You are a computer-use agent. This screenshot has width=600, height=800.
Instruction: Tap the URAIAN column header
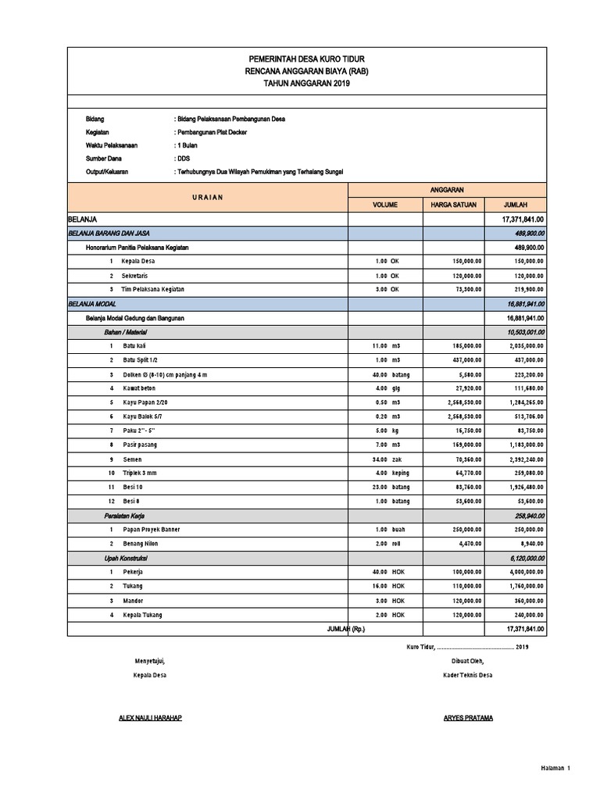pyautogui.click(x=207, y=197)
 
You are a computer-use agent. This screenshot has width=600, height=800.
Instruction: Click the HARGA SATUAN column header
pyautogui.click(x=454, y=205)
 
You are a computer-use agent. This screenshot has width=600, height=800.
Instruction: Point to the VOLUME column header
pyautogui.click(x=385, y=205)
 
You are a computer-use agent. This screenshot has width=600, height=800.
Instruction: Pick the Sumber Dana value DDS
pyautogui.click(x=183, y=158)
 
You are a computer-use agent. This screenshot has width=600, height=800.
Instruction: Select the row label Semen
pyautogui.click(x=133, y=459)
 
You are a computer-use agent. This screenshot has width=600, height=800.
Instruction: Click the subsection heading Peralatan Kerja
pyautogui.click(x=124, y=516)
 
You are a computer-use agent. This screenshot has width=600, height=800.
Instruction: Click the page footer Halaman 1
pyautogui.click(x=555, y=768)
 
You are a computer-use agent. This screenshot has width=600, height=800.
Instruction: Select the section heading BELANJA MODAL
pyautogui.click(x=96, y=304)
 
